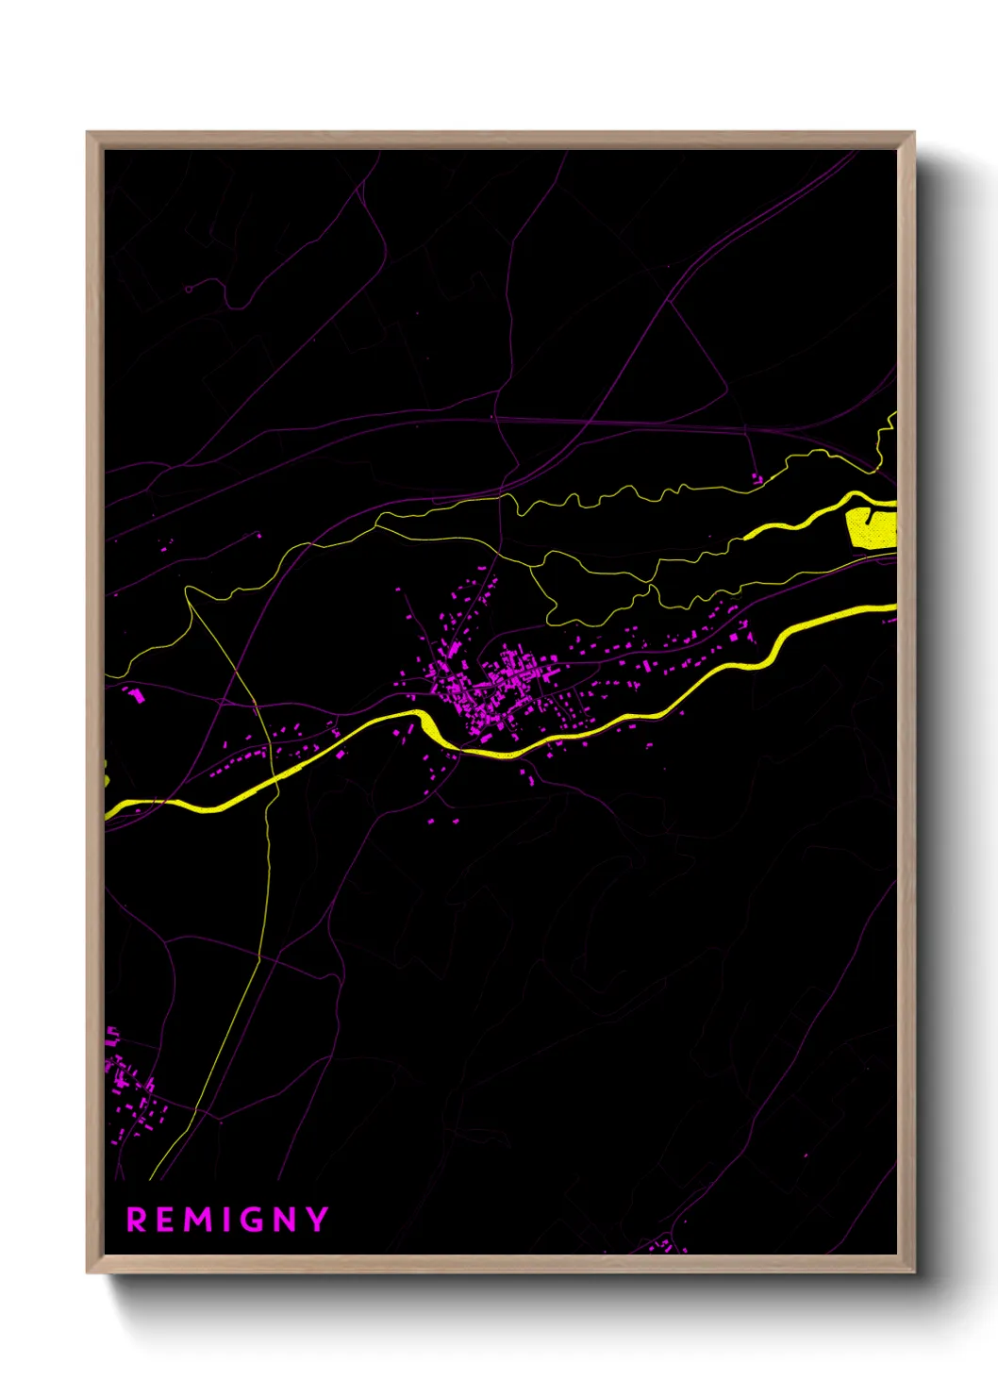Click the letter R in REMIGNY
(137, 1220)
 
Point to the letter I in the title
(226, 1220)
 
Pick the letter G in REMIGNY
(252, 1220)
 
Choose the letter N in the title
(285, 1220)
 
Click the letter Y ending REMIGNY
(317, 1220)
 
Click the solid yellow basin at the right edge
(871, 527)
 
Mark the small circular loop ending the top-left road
(189, 288)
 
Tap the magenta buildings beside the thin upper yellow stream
(756, 479)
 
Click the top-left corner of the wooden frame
(89, 134)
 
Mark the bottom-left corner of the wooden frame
(89, 1271)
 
